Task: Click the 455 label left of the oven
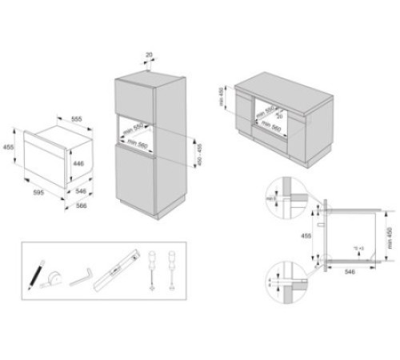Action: tap(9, 148)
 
